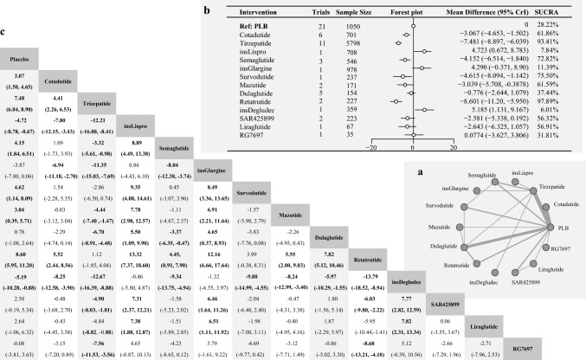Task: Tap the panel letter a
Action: (x=421, y=171)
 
